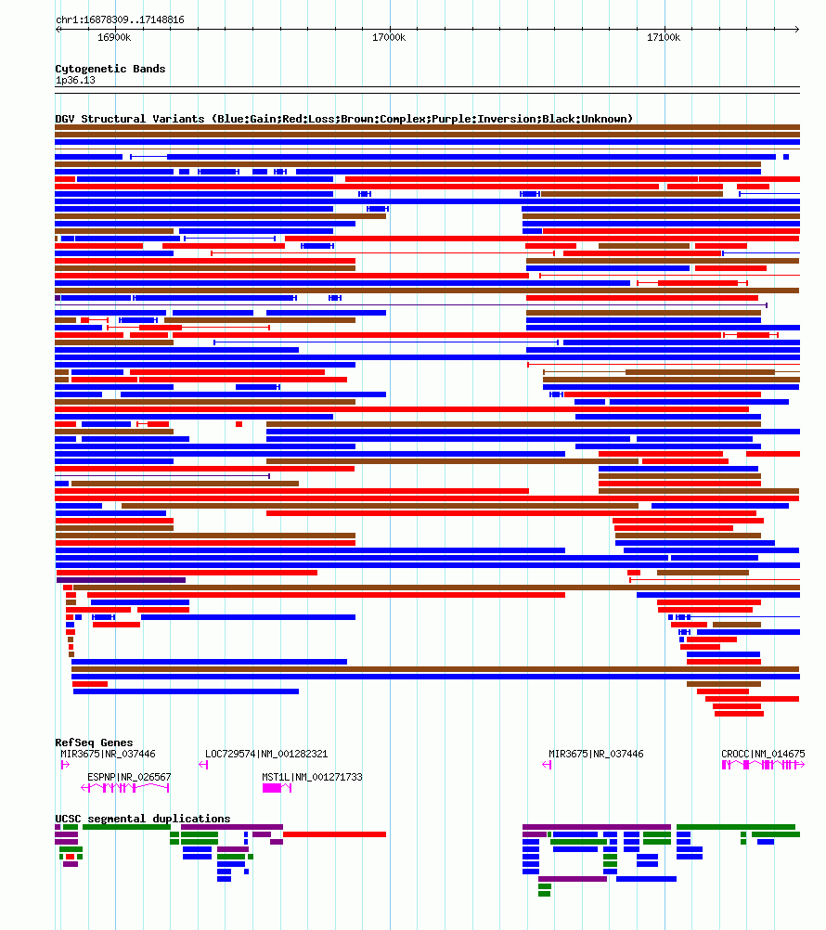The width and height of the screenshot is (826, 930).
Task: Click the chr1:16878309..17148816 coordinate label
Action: (120, 19)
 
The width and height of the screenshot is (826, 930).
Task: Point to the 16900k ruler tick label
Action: (114, 37)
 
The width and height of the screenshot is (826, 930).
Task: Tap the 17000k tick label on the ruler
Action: (389, 37)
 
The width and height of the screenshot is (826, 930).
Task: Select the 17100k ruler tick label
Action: (664, 37)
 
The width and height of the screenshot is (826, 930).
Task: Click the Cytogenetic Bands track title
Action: (110, 69)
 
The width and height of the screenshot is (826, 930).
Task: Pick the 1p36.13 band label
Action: (75, 80)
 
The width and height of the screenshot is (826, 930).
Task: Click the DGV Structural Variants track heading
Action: (343, 119)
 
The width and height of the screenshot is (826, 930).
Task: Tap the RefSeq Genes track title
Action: (94, 743)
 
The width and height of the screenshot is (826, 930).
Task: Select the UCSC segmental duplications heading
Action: (143, 819)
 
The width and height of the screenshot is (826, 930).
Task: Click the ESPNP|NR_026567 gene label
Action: (129, 777)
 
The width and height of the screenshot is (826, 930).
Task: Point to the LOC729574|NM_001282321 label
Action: (266, 754)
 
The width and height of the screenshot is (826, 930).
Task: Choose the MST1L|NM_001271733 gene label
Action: (312, 777)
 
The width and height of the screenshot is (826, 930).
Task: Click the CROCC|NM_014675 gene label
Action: (763, 754)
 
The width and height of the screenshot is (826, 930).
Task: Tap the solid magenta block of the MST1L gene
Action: (272, 788)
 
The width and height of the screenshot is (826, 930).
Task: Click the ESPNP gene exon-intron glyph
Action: (125, 788)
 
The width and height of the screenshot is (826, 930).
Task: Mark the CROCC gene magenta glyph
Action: (762, 765)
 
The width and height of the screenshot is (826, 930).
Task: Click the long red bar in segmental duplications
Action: (334, 834)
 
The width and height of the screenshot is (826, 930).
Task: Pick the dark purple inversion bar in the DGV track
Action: (122, 580)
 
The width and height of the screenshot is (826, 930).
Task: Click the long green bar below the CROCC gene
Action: (736, 827)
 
